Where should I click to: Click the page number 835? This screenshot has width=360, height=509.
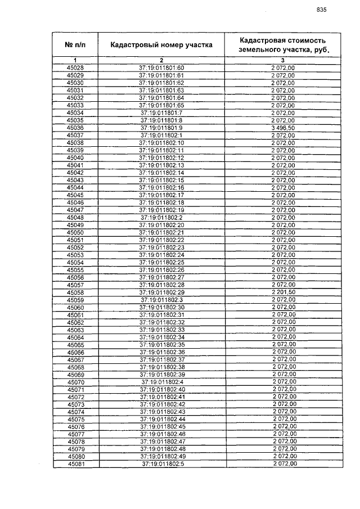(x=322, y=10)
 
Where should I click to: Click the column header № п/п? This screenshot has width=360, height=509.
(x=75, y=44)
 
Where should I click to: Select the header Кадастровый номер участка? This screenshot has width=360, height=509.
(x=161, y=45)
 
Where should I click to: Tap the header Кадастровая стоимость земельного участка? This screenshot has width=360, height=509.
(x=283, y=45)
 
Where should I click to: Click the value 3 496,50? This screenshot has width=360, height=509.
(x=283, y=128)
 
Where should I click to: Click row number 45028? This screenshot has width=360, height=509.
(x=75, y=68)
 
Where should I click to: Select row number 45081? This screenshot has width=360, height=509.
(x=75, y=465)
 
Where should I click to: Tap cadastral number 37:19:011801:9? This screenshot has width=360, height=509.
(x=161, y=128)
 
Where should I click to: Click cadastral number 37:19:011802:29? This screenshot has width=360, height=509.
(x=161, y=292)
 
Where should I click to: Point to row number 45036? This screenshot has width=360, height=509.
(x=75, y=128)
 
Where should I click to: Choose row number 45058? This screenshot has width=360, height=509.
(x=75, y=292)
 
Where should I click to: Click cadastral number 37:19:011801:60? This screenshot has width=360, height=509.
(x=161, y=68)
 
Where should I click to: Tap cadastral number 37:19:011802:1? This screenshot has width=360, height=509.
(x=161, y=136)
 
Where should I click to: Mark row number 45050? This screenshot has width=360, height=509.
(x=75, y=232)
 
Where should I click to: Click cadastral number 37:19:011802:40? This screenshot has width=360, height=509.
(x=162, y=390)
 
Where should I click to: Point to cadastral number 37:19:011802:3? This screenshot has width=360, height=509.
(x=162, y=300)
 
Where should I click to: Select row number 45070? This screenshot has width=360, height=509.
(x=75, y=382)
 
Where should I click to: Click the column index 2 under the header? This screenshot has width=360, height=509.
(x=161, y=60)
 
